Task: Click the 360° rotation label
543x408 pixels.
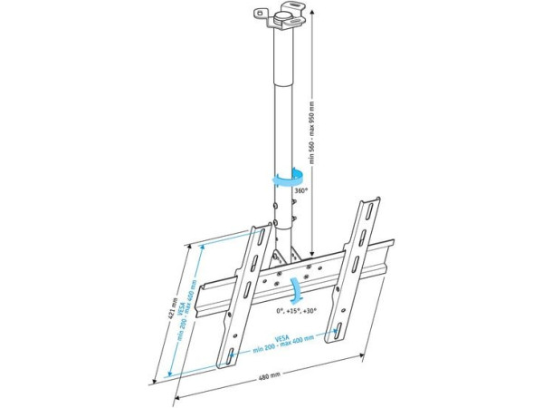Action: (300, 190)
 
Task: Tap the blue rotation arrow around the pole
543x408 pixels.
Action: (287, 178)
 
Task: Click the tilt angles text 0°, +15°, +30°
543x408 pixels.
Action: (298, 310)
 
